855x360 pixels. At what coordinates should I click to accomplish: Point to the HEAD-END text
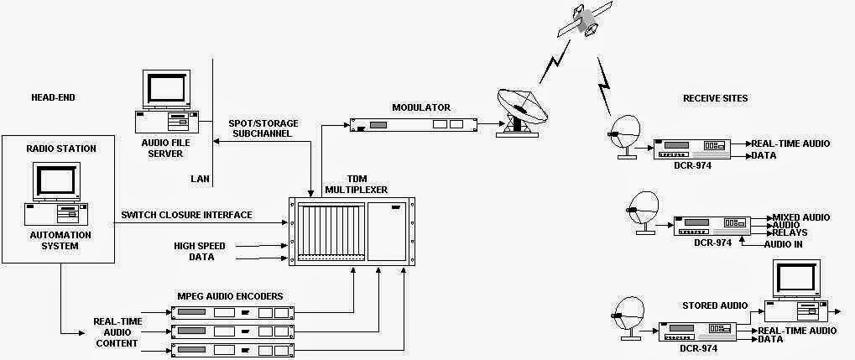point(53,98)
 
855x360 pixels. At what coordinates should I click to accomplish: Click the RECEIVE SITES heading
point(716,98)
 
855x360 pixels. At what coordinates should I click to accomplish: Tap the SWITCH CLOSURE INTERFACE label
point(186,215)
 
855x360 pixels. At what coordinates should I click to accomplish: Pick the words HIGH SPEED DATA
point(195,251)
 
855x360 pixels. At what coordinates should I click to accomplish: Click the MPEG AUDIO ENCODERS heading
point(230,296)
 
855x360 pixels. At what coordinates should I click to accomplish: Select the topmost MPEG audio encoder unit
point(232,313)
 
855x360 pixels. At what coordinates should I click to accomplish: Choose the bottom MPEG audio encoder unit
point(232,348)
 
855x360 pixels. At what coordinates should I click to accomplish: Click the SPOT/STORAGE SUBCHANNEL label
point(263,128)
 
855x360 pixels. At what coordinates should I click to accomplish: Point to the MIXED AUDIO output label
point(800,217)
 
